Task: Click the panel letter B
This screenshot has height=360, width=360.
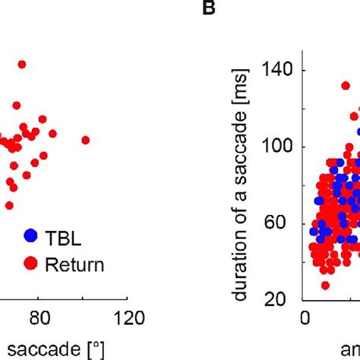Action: tap(207, 9)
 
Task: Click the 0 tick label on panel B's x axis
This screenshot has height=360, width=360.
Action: tap(305, 317)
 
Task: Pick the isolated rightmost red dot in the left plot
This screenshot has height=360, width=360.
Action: tap(85, 140)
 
